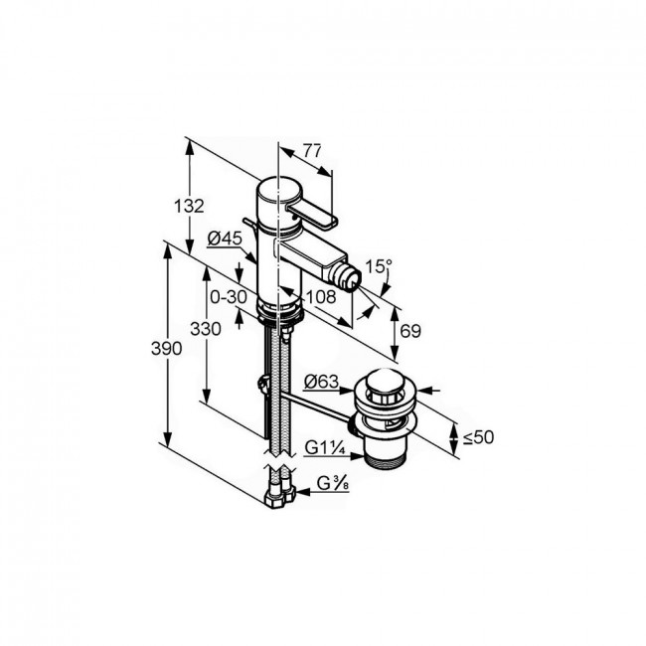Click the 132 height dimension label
[189, 206]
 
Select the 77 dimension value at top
[312, 151]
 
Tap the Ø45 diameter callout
[225, 239]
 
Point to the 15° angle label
[379, 266]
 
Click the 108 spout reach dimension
[321, 296]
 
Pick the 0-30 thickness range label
[229, 296]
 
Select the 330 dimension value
[206, 329]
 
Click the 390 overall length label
[166, 349]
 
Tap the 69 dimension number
[410, 331]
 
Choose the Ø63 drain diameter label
[321, 382]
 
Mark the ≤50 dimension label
[478, 437]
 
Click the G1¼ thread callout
[325, 447]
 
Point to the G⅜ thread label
[333, 483]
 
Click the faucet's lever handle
[312, 216]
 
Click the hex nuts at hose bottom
[280, 496]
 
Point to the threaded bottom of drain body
[386, 461]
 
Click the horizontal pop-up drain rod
[316, 406]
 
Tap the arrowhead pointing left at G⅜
[304, 492]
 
